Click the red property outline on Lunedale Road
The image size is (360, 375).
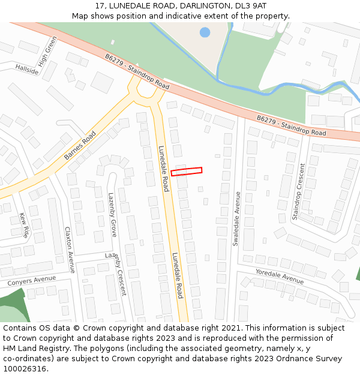coord(187,171)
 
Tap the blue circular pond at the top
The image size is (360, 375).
coord(205,32)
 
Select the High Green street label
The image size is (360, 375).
coord(47,52)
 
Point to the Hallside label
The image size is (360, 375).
coord(27,70)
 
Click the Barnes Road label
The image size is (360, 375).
coord(80,146)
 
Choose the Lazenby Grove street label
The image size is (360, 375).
coord(112,214)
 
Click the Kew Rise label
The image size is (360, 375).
coord(24,225)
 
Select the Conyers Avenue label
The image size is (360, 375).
coord(31,280)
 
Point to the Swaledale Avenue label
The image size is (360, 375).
coord(236,218)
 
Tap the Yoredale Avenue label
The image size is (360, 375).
coord(280,275)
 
